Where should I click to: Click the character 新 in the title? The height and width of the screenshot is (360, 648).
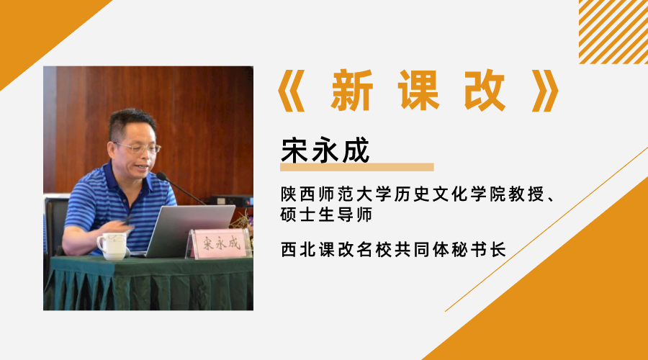[x=351, y=92]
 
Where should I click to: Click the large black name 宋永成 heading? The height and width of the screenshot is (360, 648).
[x=325, y=149]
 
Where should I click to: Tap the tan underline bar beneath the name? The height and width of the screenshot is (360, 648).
[x=356, y=167]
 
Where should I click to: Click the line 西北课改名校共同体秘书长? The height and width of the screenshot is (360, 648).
[x=394, y=250]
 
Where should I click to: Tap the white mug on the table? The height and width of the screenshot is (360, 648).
[x=112, y=245]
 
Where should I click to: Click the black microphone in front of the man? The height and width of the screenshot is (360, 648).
[x=180, y=188]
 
